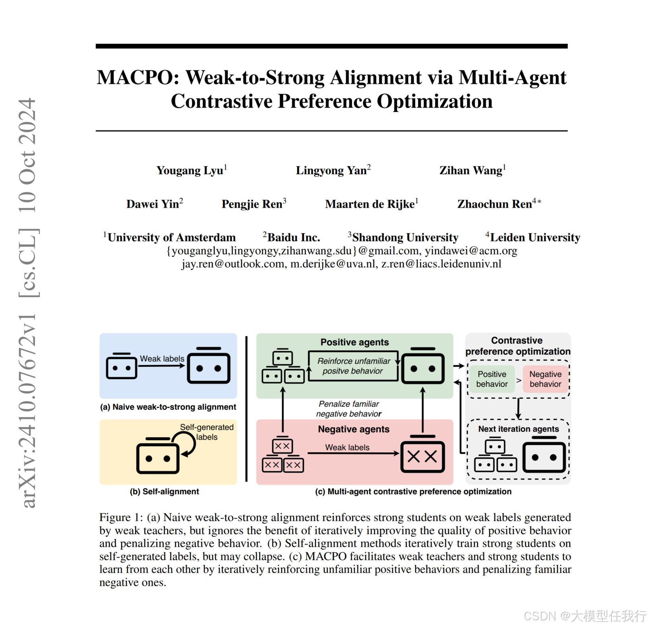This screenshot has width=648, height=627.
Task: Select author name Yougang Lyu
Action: coord(190,170)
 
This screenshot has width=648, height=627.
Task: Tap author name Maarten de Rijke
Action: coord(369,204)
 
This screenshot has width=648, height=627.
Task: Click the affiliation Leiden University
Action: coord(535,237)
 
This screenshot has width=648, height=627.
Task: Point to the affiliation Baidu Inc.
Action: coord(293,237)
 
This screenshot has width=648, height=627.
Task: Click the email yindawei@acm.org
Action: coord(471,251)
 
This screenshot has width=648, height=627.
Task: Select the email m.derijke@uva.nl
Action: coord(333,264)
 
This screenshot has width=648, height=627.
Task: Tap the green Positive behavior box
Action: coord(492,379)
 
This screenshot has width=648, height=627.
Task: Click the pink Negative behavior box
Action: coord(545,379)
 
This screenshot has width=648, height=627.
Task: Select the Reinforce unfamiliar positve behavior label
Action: coord(353,366)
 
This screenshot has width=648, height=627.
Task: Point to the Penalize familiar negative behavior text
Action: coord(349,409)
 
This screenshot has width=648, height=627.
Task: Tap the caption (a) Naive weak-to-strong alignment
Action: coord(168,407)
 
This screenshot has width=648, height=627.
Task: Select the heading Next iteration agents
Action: coord(518,429)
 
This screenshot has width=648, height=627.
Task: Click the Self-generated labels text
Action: coord(207,432)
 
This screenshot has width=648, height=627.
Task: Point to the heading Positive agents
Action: coord(354,342)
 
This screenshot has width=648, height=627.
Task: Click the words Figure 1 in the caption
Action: coord(121,517)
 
